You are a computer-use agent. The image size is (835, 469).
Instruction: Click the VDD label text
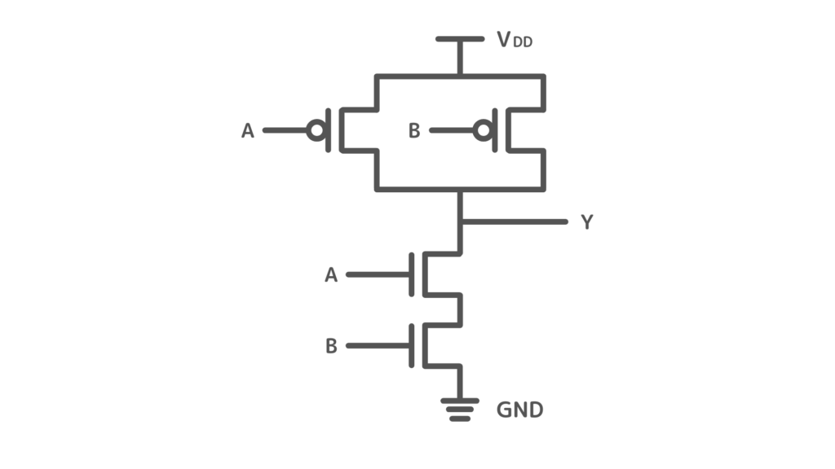tap(515, 40)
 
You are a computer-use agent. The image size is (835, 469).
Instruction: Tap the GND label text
tap(519, 410)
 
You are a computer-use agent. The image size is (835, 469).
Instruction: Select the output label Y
tap(587, 221)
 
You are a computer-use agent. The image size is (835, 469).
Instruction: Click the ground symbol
tap(460, 410)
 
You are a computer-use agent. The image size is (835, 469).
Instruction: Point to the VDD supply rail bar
tap(460, 39)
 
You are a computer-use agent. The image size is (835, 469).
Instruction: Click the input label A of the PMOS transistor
tap(248, 131)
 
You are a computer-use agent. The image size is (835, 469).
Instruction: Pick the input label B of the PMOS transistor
tap(414, 131)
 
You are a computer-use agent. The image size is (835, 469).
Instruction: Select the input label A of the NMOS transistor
tap(331, 275)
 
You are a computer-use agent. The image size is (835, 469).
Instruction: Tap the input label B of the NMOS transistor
tap(331, 346)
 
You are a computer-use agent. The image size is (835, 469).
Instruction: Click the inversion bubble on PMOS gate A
tap(317, 130)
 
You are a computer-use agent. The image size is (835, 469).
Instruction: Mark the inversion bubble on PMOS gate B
tap(484, 130)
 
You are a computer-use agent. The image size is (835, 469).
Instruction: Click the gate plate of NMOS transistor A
tap(412, 275)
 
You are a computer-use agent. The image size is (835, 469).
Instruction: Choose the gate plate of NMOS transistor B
tap(412, 345)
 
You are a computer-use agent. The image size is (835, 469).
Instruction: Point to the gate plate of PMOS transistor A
tap(329, 130)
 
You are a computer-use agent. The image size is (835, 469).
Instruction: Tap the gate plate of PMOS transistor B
tap(495, 130)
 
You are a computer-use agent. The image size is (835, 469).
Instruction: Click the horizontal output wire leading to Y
tap(515, 221)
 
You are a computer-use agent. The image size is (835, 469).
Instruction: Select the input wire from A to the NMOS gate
tap(378, 275)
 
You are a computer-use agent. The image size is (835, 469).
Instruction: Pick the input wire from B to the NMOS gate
tap(378, 345)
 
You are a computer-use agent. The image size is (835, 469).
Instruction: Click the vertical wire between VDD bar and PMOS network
tap(460, 58)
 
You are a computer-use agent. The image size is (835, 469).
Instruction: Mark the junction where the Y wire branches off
tap(460, 221)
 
